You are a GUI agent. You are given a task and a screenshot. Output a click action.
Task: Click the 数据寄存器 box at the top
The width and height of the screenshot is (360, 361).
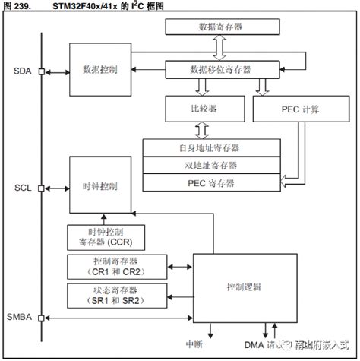[220, 26]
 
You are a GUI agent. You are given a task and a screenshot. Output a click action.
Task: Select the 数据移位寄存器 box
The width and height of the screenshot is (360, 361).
[220, 70]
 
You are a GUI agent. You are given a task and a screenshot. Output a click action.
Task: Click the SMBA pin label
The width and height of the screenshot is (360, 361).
[21, 316]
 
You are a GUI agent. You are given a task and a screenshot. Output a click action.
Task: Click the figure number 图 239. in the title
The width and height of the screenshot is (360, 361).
[18, 6]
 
